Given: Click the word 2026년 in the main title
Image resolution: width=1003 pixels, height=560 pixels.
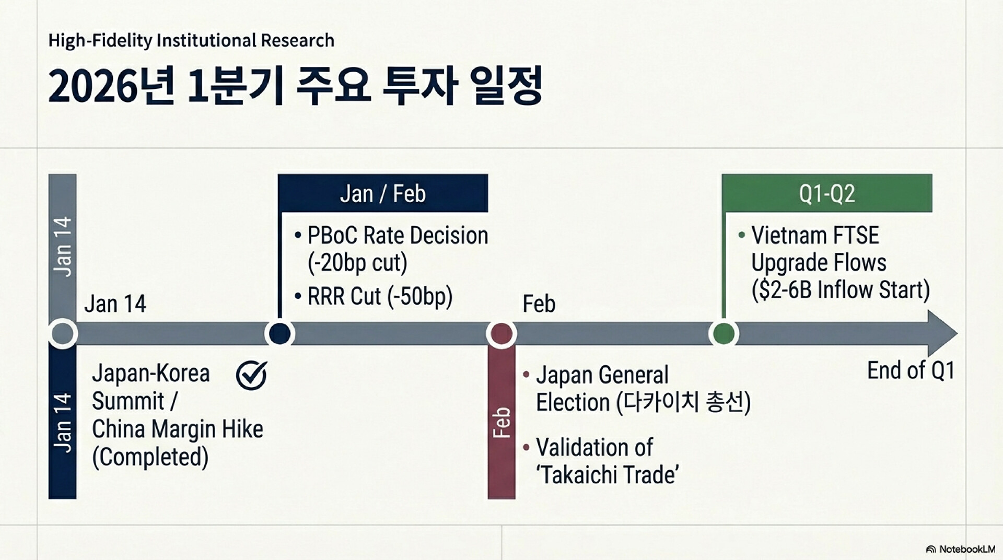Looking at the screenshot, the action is (x=111, y=86).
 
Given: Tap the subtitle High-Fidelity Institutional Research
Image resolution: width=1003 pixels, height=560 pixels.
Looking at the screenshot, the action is (x=191, y=40).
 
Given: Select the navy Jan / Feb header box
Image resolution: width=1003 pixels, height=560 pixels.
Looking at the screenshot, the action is (x=383, y=193).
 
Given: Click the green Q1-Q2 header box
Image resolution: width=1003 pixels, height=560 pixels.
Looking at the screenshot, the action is (x=827, y=193).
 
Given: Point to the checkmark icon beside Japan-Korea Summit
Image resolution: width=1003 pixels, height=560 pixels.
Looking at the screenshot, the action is (x=251, y=375).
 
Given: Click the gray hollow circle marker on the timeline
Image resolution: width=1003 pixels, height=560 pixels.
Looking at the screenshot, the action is (x=63, y=333).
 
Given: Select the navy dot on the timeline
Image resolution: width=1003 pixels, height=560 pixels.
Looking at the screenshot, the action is (x=279, y=333).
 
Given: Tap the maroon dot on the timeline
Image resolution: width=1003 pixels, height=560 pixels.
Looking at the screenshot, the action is (x=501, y=333).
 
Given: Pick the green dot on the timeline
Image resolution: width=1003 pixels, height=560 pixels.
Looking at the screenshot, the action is (x=724, y=333).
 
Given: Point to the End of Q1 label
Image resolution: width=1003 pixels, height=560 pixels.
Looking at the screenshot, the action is (x=911, y=370).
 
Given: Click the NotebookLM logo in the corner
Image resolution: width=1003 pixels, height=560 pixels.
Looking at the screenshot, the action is (x=960, y=549).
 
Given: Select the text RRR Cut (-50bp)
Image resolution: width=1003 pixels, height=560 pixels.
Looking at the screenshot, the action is (x=380, y=296).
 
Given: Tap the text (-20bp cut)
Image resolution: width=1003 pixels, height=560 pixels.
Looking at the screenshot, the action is (x=357, y=263).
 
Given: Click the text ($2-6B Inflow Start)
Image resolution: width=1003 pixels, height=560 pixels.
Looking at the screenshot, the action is (x=841, y=290).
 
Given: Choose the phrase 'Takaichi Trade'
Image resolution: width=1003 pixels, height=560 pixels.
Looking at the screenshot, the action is (x=608, y=475).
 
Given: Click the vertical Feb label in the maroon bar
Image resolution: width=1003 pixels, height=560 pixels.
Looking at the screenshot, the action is (x=501, y=422).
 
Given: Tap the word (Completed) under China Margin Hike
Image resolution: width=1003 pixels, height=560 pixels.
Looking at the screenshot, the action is (x=150, y=457).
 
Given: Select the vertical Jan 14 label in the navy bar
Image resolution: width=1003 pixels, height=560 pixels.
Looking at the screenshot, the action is (x=62, y=422).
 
